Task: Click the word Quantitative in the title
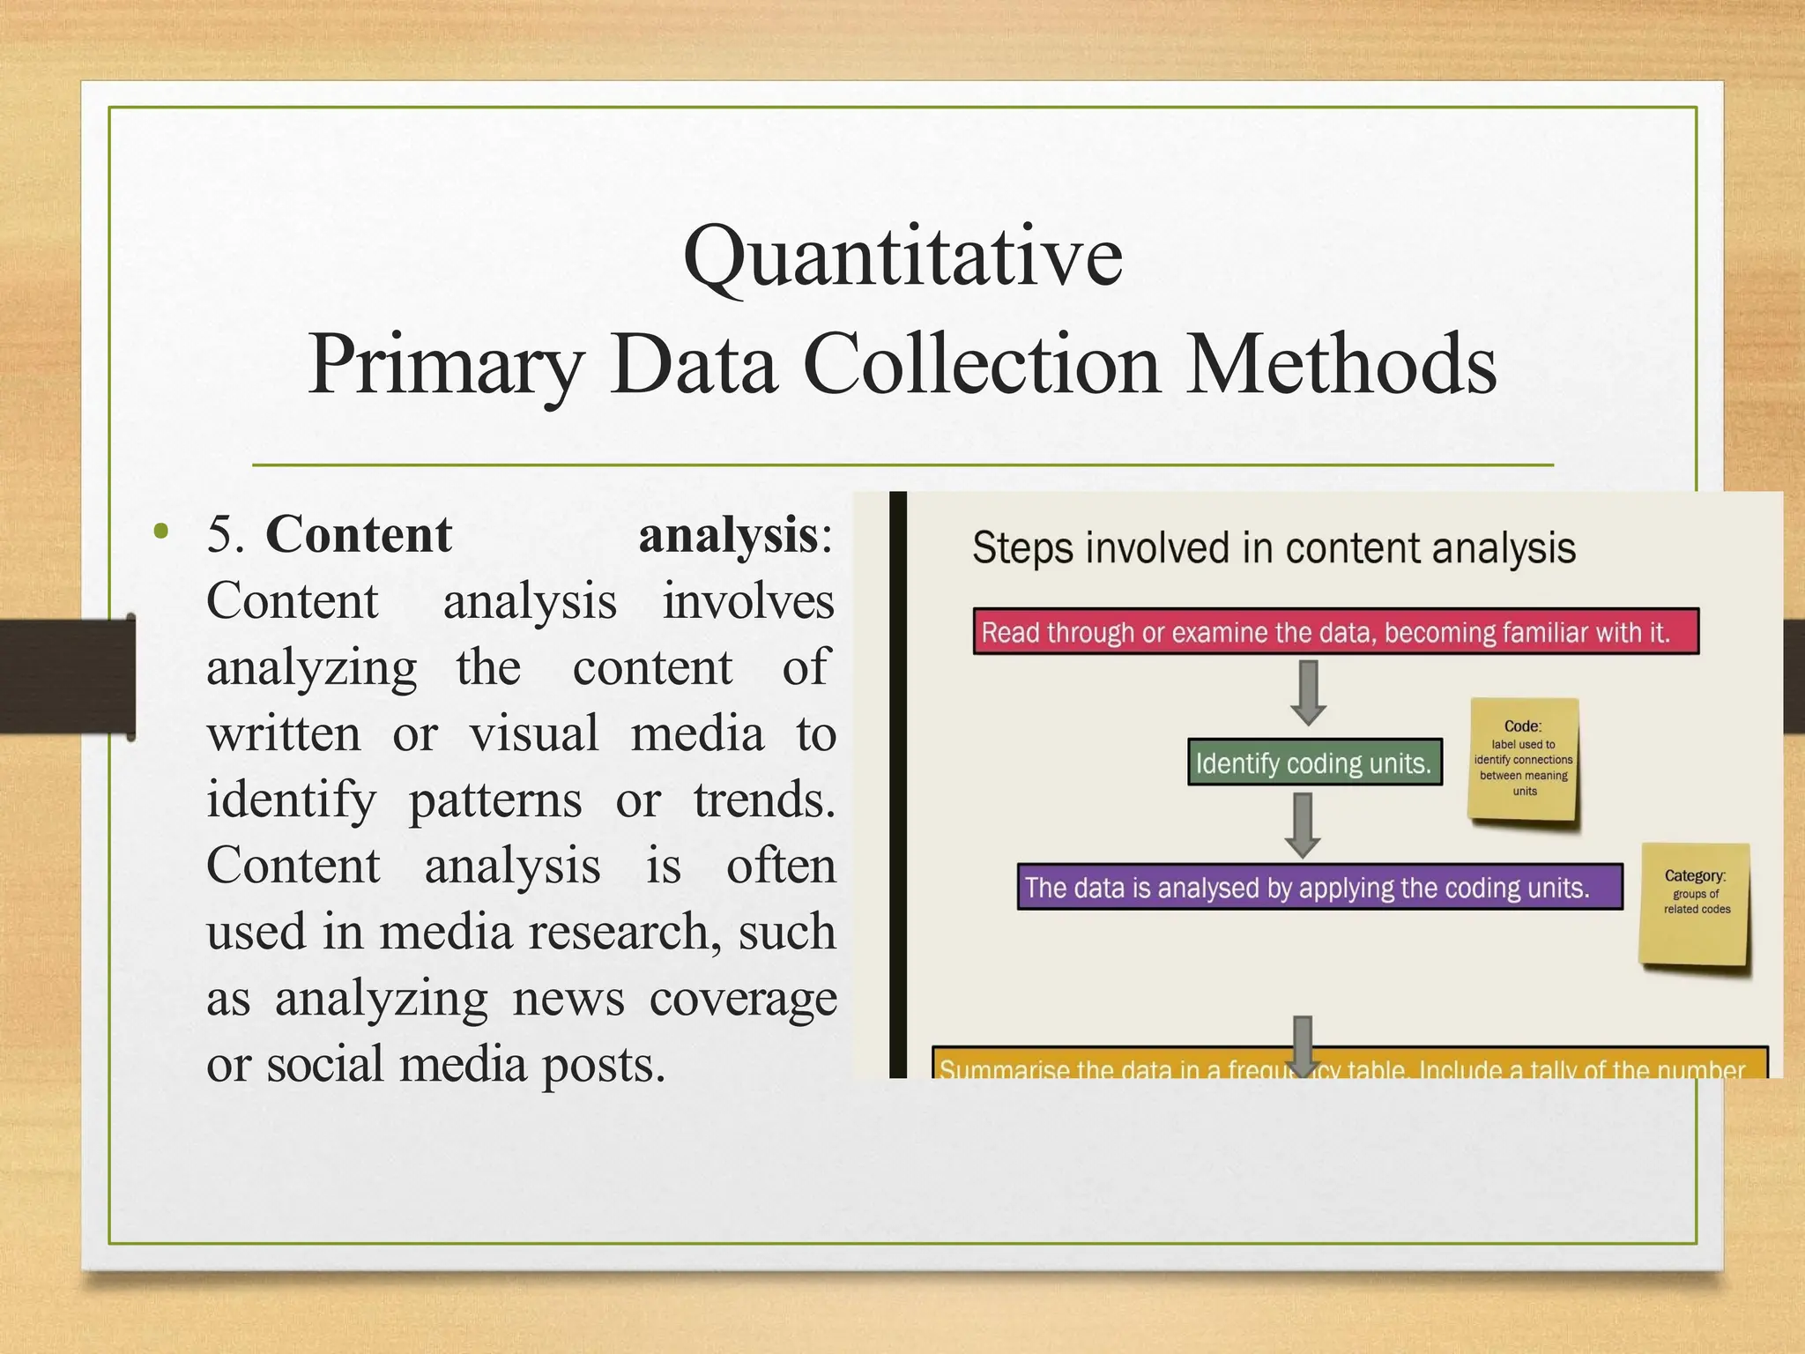point(902,257)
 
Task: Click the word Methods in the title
point(1341,364)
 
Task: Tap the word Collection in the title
point(981,364)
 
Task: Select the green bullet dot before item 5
point(160,532)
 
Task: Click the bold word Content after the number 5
point(359,534)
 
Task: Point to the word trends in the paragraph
point(763,800)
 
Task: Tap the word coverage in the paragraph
point(743,998)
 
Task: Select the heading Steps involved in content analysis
point(1274,548)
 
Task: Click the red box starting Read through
point(1335,631)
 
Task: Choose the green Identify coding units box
point(1314,763)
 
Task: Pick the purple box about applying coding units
point(1319,887)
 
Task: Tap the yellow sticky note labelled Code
point(1523,759)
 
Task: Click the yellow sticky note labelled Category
point(1694,904)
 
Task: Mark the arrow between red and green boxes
point(1309,693)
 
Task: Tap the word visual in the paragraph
point(534,733)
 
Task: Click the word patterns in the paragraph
point(495,800)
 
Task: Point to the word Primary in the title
point(446,364)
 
